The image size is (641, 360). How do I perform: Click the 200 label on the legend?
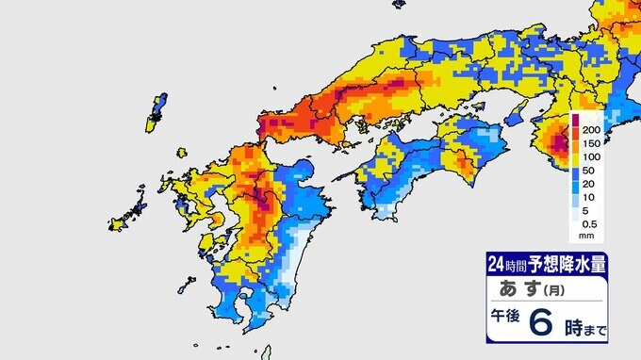click(x=591, y=128)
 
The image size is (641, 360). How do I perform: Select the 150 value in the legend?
click(x=591, y=144)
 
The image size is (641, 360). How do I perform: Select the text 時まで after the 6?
click(x=586, y=329)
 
